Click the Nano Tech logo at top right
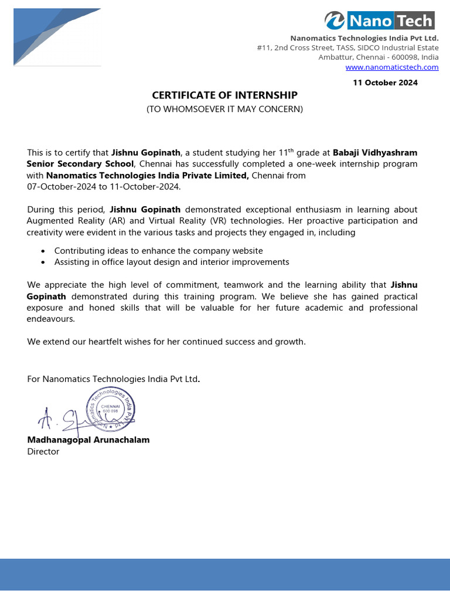380,21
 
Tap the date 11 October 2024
385,83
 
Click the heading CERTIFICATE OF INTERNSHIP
225,95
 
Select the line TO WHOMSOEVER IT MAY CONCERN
225,109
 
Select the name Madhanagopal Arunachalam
88,439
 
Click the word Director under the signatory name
43,452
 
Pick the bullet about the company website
158,251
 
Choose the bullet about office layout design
172,262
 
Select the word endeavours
50,319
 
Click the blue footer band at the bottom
225,579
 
